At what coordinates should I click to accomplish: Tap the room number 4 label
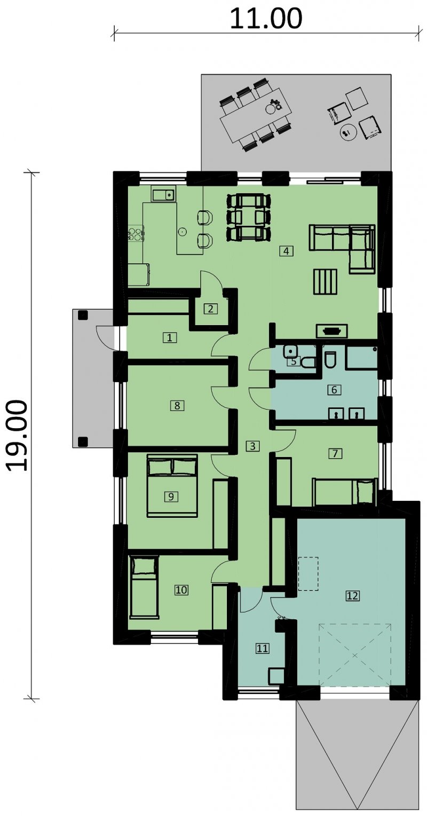(x=286, y=251)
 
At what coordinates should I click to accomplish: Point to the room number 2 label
(x=210, y=309)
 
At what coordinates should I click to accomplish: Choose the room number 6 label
(x=334, y=390)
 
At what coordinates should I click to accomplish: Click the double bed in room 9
(x=172, y=485)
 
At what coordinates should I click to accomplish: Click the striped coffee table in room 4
(x=325, y=281)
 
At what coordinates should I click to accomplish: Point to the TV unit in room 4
(x=332, y=331)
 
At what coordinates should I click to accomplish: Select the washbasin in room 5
(x=290, y=351)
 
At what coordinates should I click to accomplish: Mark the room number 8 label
(x=177, y=405)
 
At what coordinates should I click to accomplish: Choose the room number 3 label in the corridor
(x=252, y=446)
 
